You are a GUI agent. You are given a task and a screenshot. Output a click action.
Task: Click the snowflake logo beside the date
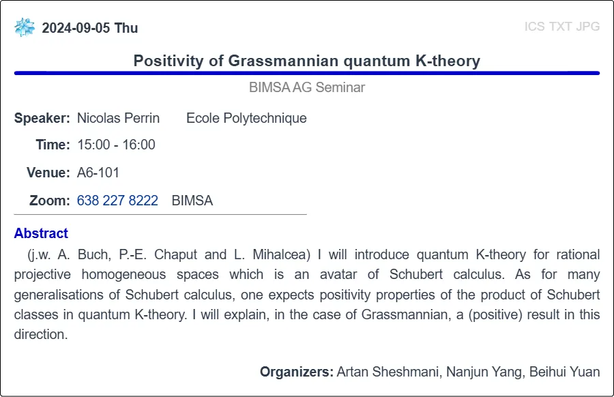coord(25,27)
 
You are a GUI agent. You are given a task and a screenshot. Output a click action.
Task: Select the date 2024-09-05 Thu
coord(90,28)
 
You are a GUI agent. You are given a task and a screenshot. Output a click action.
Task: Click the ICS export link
coord(534,26)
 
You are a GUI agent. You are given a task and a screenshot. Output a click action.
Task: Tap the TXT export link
coord(560,26)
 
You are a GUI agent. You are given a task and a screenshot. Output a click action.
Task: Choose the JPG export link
coord(588,26)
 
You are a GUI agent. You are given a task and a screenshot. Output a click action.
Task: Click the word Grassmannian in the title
coord(283,61)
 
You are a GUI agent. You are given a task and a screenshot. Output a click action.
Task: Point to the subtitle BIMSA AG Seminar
coord(307,87)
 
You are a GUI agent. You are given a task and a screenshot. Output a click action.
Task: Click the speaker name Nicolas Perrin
coord(118,118)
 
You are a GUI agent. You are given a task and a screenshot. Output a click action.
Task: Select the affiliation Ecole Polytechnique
coord(246,118)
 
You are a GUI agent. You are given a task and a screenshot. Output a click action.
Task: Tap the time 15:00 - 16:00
coord(116,145)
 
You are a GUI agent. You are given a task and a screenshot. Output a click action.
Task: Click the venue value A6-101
coord(98,173)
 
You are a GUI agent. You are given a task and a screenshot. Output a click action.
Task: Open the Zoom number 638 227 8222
coord(117,201)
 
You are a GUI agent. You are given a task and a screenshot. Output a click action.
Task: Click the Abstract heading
coord(41,233)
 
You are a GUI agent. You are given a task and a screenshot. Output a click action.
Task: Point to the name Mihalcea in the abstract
coord(281,254)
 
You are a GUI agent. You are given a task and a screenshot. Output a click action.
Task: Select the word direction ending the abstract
coord(41,334)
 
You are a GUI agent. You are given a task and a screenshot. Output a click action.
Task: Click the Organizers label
coord(297,372)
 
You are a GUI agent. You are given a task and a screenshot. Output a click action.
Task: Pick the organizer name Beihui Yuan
coord(565,372)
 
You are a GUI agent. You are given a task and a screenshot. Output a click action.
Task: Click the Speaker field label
coord(42,118)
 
